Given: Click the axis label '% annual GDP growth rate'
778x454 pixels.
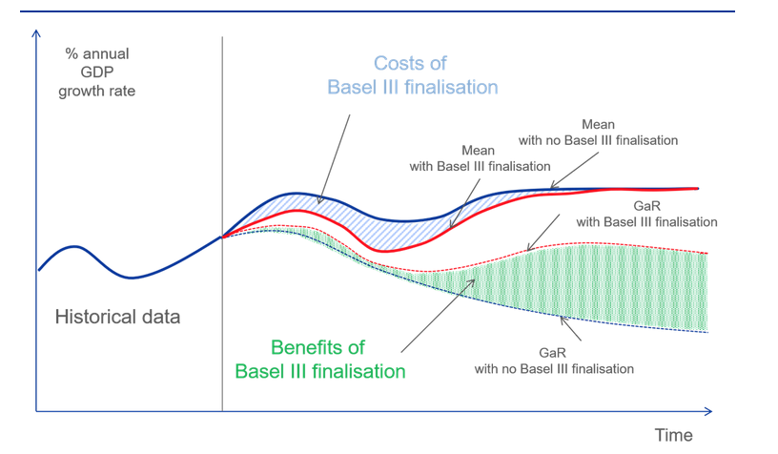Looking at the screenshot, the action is [x=96, y=72].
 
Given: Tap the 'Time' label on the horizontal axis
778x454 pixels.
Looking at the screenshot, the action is [x=673, y=435].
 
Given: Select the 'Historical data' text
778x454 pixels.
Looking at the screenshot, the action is [x=117, y=317].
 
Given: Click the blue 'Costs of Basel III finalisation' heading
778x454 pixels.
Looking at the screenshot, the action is [x=412, y=75].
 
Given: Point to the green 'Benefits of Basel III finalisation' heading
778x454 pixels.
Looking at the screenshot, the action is [x=320, y=360].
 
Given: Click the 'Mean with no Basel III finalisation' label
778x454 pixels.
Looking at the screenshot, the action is [x=598, y=133].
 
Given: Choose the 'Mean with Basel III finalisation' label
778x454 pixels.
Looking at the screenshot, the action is [x=480, y=158].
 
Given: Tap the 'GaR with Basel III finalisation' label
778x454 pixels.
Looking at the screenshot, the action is [x=646, y=214].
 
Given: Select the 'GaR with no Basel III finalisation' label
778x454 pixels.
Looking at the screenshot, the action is [x=554, y=361].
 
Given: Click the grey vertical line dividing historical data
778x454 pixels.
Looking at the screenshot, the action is [x=222, y=224].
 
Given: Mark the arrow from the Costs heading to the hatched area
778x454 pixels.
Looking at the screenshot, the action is [x=334, y=159].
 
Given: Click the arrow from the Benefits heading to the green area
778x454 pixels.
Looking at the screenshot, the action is [x=439, y=316].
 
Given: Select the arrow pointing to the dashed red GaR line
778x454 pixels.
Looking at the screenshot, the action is [x=543, y=232].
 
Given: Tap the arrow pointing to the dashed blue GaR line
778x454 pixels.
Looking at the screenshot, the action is [x=570, y=328].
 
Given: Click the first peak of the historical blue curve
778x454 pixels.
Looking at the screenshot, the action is [x=74, y=246].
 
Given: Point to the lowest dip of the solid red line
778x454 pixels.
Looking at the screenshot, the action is [x=386, y=251].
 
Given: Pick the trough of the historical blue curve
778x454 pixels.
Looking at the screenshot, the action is [x=132, y=278].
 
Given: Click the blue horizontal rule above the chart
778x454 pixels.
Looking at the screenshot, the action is [x=378, y=11].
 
